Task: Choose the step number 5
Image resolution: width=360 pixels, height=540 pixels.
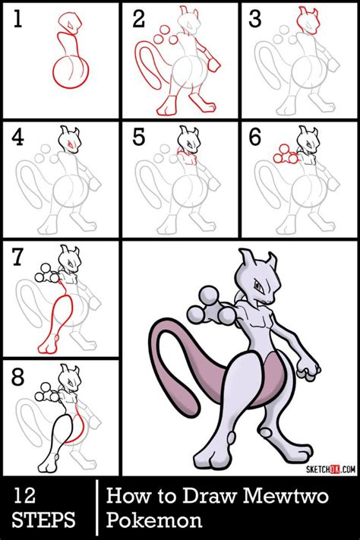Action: point(140,138)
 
